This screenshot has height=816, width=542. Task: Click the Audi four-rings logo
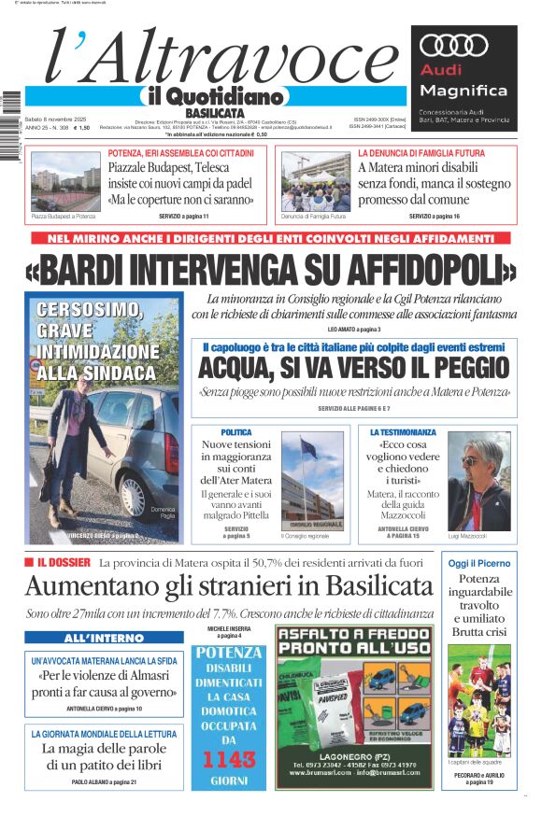[x=450, y=45]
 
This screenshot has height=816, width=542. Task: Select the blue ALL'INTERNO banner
[x=104, y=638]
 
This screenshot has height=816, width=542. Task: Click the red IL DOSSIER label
[x=64, y=562]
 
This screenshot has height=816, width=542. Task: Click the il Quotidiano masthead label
[x=211, y=95]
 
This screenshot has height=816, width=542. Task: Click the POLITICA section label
[x=235, y=432]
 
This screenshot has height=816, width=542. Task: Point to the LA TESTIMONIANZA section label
[x=403, y=432]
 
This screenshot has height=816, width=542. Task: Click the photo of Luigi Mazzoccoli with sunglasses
[x=478, y=480]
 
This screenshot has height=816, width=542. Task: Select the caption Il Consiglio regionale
[x=305, y=536]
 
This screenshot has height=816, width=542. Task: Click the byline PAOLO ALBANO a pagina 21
[x=104, y=781]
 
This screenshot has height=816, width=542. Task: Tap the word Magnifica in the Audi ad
[x=464, y=91]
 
